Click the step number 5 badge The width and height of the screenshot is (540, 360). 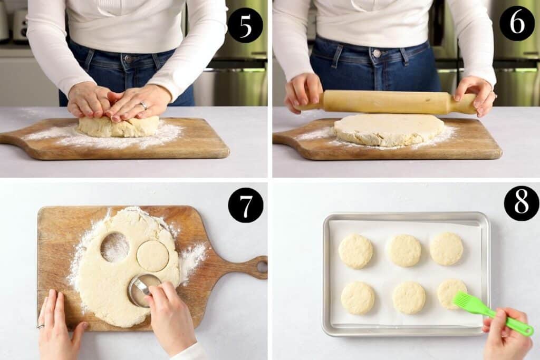coord(245,25)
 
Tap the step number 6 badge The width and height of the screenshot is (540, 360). coord(517,23)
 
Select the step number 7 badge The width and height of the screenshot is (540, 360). coord(246,205)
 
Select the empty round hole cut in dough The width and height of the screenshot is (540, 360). coord(114,247)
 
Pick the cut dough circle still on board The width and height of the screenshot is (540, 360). coord(153,256)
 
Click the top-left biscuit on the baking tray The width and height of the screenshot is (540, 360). coord(355,251)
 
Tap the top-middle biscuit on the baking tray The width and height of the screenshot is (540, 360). coord(404,250)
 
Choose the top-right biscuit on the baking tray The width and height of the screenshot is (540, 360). coord(447,249)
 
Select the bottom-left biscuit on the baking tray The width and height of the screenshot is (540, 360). coord(358,298)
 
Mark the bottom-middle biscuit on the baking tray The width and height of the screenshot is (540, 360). coord(409,297)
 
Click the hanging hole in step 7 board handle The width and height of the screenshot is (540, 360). coord(262,267)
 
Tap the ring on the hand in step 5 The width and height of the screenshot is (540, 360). coord(143,105)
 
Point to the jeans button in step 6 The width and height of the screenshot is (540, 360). coord(377,53)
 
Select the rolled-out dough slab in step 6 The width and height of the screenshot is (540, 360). coord(389,129)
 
